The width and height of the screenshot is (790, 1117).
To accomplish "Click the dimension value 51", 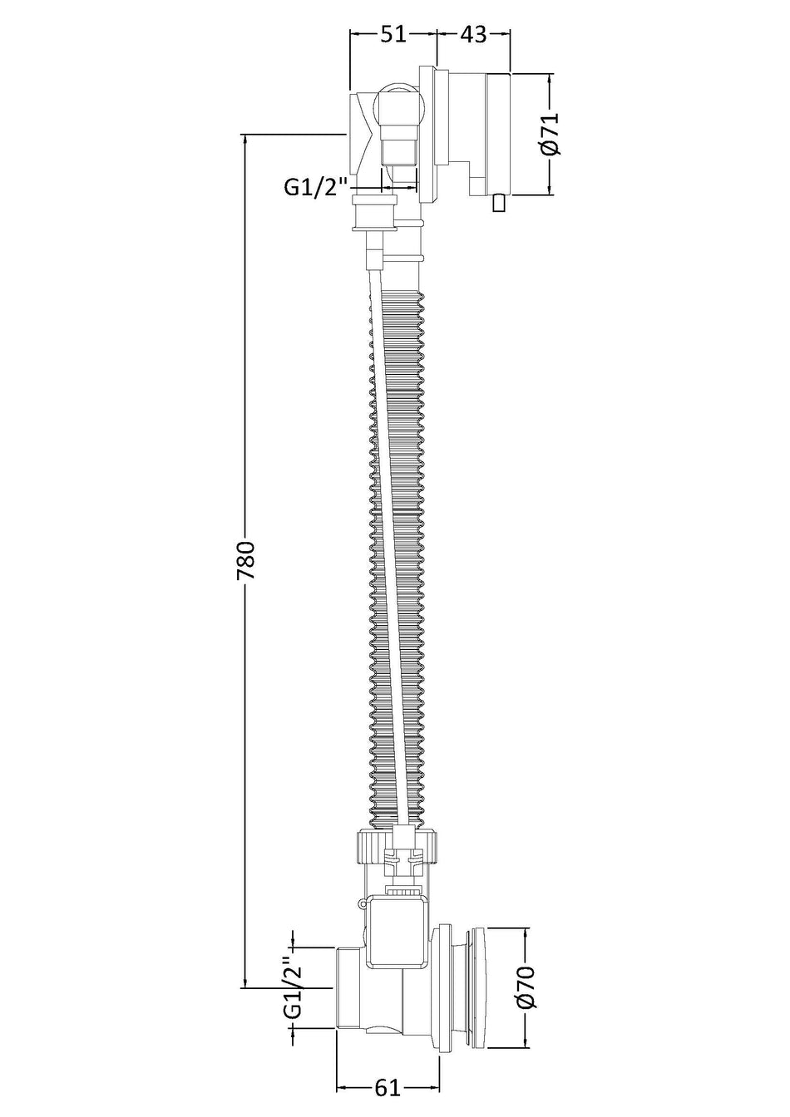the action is click(393, 34).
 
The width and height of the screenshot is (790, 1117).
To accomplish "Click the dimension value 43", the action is click(472, 34).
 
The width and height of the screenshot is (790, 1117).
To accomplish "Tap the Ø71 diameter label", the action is click(550, 133).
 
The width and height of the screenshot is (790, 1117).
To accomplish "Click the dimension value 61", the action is click(388, 1070).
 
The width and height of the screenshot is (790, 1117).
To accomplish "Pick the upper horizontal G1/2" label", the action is click(315, 188).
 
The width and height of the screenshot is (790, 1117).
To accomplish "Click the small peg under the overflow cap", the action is click(498, 204).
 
